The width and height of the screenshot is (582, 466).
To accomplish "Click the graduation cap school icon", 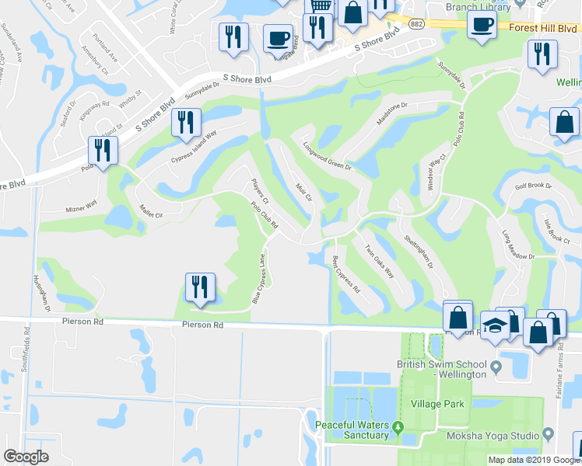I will pyautogui.click(x=493, y=325).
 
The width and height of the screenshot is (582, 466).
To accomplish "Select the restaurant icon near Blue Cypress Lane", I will pyautogui.click(x=199, y=287).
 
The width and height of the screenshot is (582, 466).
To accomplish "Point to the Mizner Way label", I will pyautogui.click(x=79, y=207).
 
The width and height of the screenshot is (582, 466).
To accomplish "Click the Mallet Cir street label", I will pyautogui.click(x=150, y=211).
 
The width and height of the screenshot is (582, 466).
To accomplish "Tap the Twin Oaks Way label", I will pyautogui.click(x=380, y=260).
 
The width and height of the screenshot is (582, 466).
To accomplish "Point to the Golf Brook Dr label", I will pyautogui.click(x=532, y=186).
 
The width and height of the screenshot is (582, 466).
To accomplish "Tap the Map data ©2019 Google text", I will pyautogui.click(x=533, y=460).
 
